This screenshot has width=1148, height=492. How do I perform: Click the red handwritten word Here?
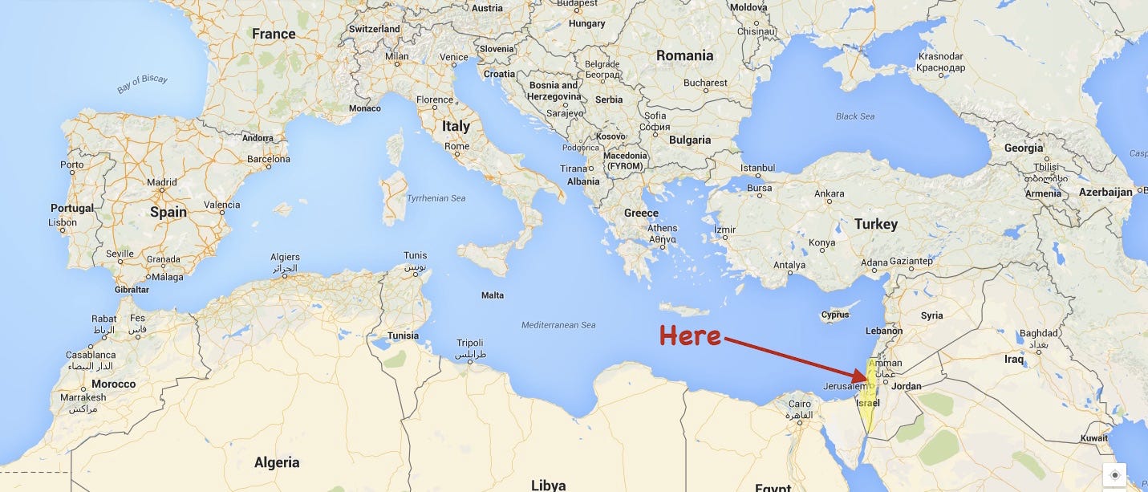click(690, 336)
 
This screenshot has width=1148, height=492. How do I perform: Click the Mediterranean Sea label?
click(558, 325)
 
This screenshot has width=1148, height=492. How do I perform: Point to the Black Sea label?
click(855, 116)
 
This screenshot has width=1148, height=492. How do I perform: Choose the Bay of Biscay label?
click(141, 83)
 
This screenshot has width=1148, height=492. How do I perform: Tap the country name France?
click(274, 34)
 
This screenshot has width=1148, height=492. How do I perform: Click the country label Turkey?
click(875, 224)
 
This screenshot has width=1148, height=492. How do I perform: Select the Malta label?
click(493, 295)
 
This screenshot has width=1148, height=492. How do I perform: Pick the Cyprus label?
click(834, 315)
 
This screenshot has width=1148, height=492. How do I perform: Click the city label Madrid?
click(162, 182)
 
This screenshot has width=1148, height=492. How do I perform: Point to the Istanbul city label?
click(757, 168)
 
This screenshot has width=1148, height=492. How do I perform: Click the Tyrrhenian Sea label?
click(436, 197)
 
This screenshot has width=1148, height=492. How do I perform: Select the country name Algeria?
click(277, 462)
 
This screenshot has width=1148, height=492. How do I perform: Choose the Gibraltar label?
click(132, 289)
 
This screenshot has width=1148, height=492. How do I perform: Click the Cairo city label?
click(800, 404)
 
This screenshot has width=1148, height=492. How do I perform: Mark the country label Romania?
click(684, 55)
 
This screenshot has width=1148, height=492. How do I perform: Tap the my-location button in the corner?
click(1114, 475)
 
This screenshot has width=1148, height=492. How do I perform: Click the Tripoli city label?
click(469, 343)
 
